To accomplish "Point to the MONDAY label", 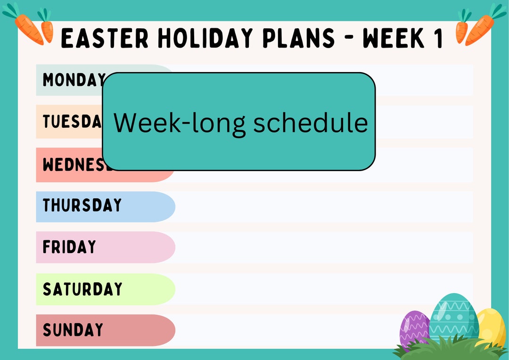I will coord(74,80).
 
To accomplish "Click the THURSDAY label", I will coord(82,205).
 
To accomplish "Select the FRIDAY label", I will coord(69,247).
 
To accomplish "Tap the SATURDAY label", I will coord(82,289).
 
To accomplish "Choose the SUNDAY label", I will coord(73,330).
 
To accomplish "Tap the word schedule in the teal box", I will coord(310,123).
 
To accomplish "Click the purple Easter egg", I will coord(414,327).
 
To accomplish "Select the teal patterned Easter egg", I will coord(453,317).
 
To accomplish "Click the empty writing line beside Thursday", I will coord(323,206).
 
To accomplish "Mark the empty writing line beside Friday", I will coord(323,247).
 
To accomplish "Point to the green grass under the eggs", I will coord(448,350).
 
